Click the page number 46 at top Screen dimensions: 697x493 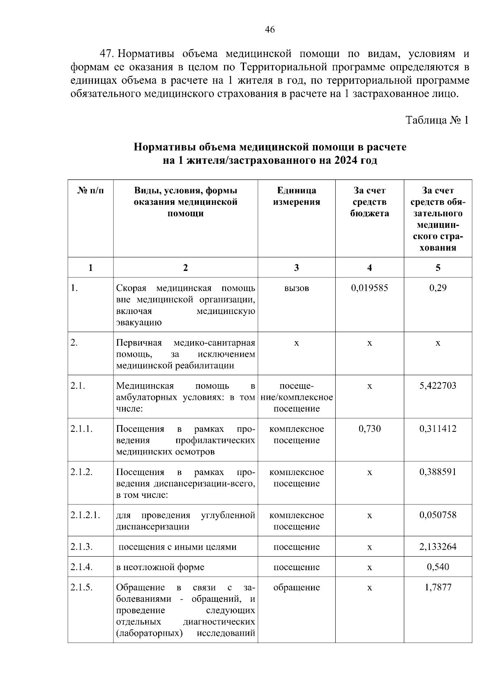(270, 30)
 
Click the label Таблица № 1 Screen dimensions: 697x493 (437, 120)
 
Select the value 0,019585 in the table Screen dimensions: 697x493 (369, 288)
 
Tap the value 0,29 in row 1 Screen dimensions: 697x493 (438, 288)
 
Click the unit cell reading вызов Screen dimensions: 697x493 (296, 288)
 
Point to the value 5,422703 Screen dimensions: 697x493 (438, 386)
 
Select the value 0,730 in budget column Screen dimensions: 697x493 (369, 429)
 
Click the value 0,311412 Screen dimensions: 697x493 (438, 429)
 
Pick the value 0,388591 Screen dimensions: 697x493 (438, 472)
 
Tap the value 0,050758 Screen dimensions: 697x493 (438, 515)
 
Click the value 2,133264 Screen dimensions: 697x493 (438, 547)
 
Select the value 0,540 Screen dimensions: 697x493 (438, 567)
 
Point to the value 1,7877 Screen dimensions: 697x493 (438, 587)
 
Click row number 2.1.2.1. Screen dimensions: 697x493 (85, 515)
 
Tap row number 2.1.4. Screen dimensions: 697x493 (81, 567)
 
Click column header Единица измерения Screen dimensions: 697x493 (296, 196)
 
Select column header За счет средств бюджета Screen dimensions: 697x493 (369, 202)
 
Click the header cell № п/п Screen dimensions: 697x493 (90, 190)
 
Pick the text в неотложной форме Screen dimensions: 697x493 (160, 567)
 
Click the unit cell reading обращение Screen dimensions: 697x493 (296, 587)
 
